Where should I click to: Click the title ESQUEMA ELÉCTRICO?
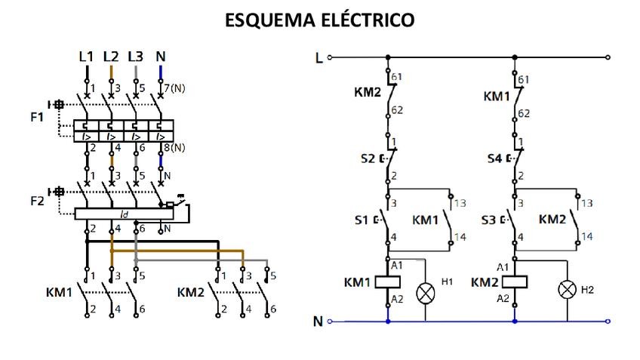click(x=320, y=20)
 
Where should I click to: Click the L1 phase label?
click(x=86, y=57)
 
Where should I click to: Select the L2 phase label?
click(x=111, y=57)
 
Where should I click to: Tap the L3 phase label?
click(x=136, y=57)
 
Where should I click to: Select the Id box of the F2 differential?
click(x=125, y=214)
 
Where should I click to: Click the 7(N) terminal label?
click(x=175, y=88)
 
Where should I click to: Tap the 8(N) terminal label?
click(x=175, y=147)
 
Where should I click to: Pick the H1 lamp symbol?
click(x=426, y=292)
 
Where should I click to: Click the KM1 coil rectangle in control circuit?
click(x=388, y=282)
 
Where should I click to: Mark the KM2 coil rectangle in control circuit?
click(x=515, y=282)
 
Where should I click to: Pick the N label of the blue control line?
click(x=318, y=322)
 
